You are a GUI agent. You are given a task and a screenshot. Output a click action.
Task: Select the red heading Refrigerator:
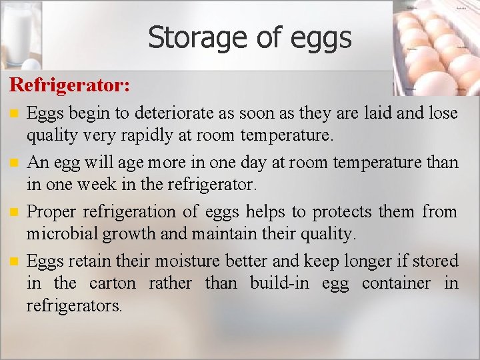tap(69, 86)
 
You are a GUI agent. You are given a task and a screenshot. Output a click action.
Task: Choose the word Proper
tap(51, 212)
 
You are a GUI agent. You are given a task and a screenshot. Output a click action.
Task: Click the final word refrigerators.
tap(74, 306)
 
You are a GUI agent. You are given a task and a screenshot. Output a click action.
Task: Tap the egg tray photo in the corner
tap(436, 47)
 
